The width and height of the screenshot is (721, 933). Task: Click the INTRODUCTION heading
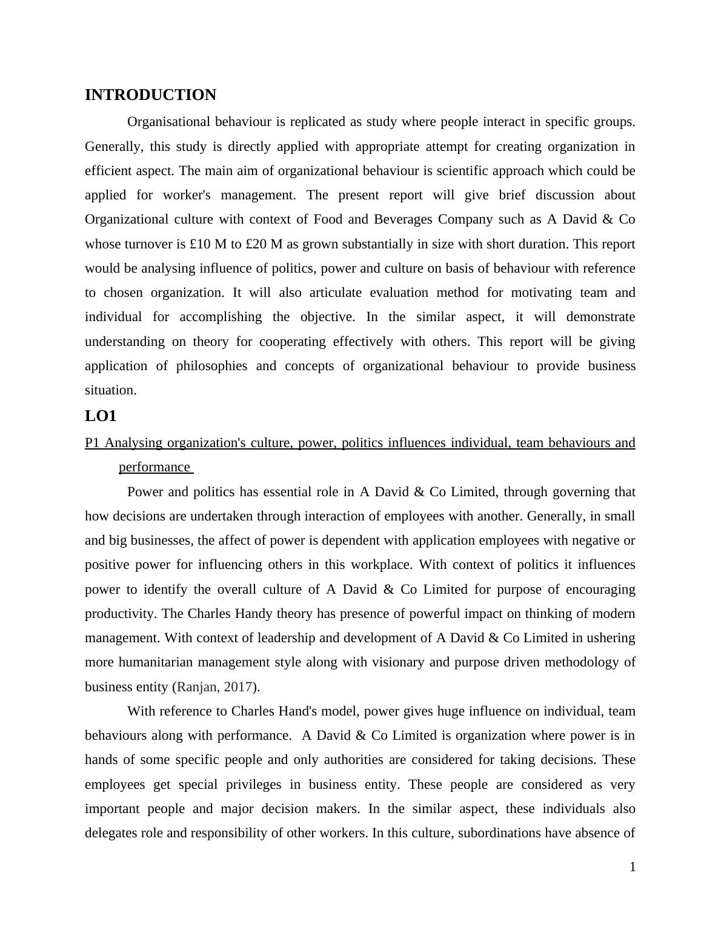[150, 95]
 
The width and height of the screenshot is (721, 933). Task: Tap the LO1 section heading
[101, 416]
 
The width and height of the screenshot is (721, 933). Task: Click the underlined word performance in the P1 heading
[154, 467]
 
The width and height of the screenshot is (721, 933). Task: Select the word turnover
[148, 244]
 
